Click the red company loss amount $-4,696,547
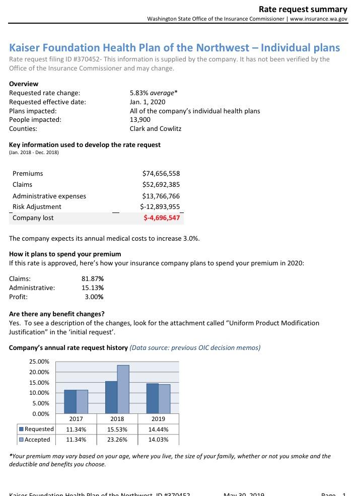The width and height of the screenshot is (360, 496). coord(162,218)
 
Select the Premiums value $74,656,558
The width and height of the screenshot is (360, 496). coord(161,174)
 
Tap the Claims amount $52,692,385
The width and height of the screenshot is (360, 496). coord(161,185)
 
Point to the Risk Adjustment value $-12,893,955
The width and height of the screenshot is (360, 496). coord(160,206)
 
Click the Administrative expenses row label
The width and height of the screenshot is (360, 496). coord(49,196)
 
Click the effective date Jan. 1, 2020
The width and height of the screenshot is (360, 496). coord(148,102)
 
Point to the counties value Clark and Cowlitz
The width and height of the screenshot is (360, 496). coord(156,128)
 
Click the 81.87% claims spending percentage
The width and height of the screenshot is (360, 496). coord(93,278)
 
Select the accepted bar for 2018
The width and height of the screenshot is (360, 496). coord(123,389)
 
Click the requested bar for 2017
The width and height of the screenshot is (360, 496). coord(70,402)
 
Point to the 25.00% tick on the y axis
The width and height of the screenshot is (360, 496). coord(39,362)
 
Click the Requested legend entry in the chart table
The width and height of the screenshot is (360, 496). coord(36,429)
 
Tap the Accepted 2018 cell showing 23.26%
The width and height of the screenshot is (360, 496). coord(118,440)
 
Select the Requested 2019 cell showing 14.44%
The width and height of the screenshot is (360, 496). coord(159,430)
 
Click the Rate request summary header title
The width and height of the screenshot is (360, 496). coord(303,10)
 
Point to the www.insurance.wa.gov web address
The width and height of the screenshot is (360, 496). coord(319,19)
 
